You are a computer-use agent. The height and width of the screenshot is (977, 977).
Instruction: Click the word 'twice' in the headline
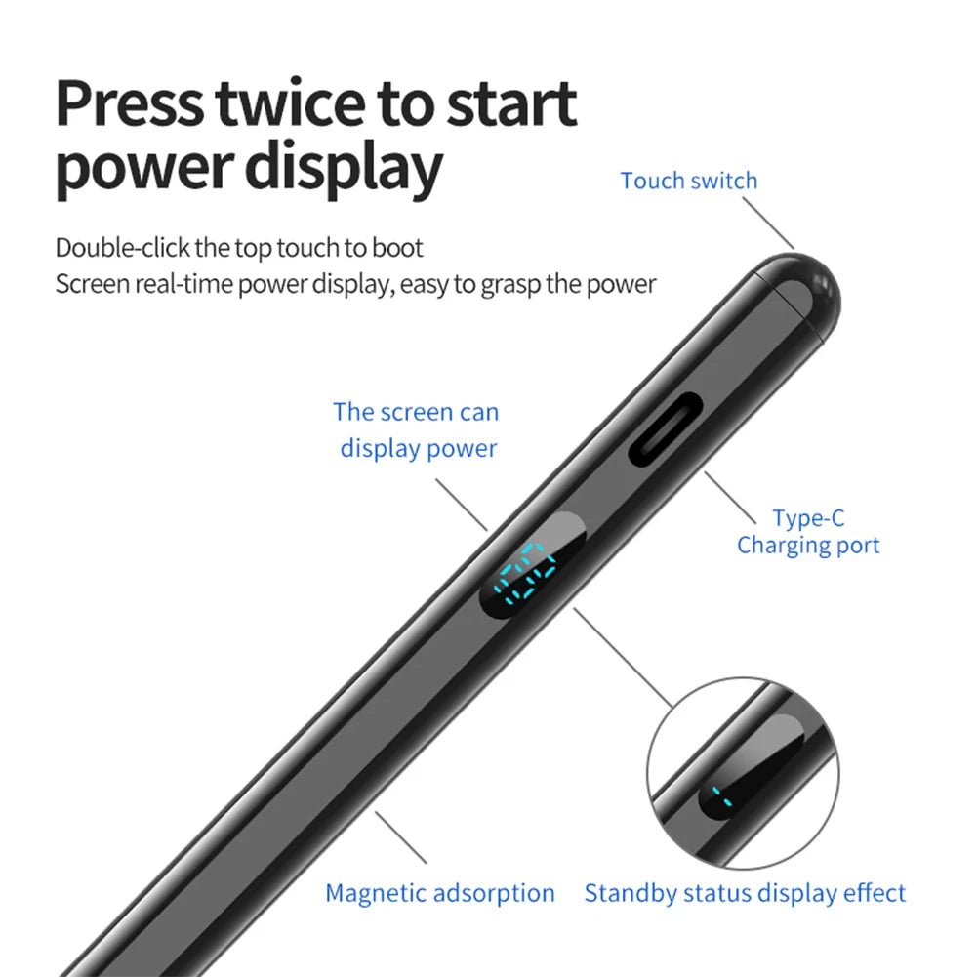[290, 103]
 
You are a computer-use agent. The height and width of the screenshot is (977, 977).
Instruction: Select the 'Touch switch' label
[689, 181]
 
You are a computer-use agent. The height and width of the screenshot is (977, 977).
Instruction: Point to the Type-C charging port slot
[666, 428]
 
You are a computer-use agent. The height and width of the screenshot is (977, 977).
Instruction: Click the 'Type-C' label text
[808, 518]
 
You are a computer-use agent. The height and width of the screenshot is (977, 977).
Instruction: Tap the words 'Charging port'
[808, 546]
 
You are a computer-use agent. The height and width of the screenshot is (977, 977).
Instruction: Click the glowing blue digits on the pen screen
[524, 573]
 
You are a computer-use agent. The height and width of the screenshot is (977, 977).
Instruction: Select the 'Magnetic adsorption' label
[440, 893]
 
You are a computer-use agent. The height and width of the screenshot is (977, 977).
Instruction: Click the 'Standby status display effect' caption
[745, 893]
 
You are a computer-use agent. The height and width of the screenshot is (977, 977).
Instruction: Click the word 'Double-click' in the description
[122, 248]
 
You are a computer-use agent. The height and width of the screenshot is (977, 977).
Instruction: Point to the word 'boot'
[397, 248]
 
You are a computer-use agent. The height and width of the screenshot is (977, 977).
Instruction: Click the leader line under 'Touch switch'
[768, 224]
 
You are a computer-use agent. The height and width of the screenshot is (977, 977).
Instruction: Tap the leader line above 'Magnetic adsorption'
[400, 836]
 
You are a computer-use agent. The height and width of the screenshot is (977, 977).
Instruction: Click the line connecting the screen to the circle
[623, 658]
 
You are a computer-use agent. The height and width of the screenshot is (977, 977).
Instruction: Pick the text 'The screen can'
[416, 412]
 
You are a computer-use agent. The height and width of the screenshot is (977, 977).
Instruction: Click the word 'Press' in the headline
[130, 103]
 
